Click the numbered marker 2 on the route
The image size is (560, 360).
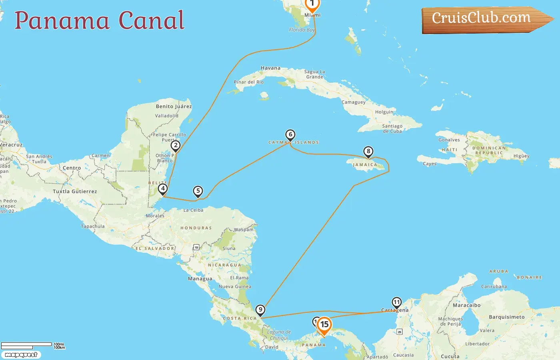click(x=175, y=146)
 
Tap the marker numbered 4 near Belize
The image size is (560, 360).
click(x=162, y=189)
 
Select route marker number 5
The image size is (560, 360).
click(x=198, y=191)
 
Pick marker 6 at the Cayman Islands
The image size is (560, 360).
click(x=290, y=135)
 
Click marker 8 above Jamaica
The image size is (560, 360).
click(x=368, y=152)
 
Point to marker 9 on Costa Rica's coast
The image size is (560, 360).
click(x=260, y=310)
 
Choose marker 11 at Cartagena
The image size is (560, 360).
click(x=396, y=302)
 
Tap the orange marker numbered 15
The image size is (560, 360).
click(x=324, y=325)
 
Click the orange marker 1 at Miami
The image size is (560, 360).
click(x=312, y=4)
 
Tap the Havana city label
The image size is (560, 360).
click(x=270, y=68)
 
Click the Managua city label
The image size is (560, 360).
click(x=200, y=279)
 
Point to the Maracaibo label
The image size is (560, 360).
click(x=466, y=305)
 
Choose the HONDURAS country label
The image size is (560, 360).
click(x=196, y=228)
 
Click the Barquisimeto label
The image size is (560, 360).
click(x=506, y=317)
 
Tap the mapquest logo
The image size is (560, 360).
click(x=21, y=355)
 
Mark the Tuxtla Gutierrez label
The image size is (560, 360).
click(x=75, y=192)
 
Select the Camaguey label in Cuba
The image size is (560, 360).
click(x=353, y=102)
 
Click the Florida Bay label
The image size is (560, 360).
click(x=302, y=30)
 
